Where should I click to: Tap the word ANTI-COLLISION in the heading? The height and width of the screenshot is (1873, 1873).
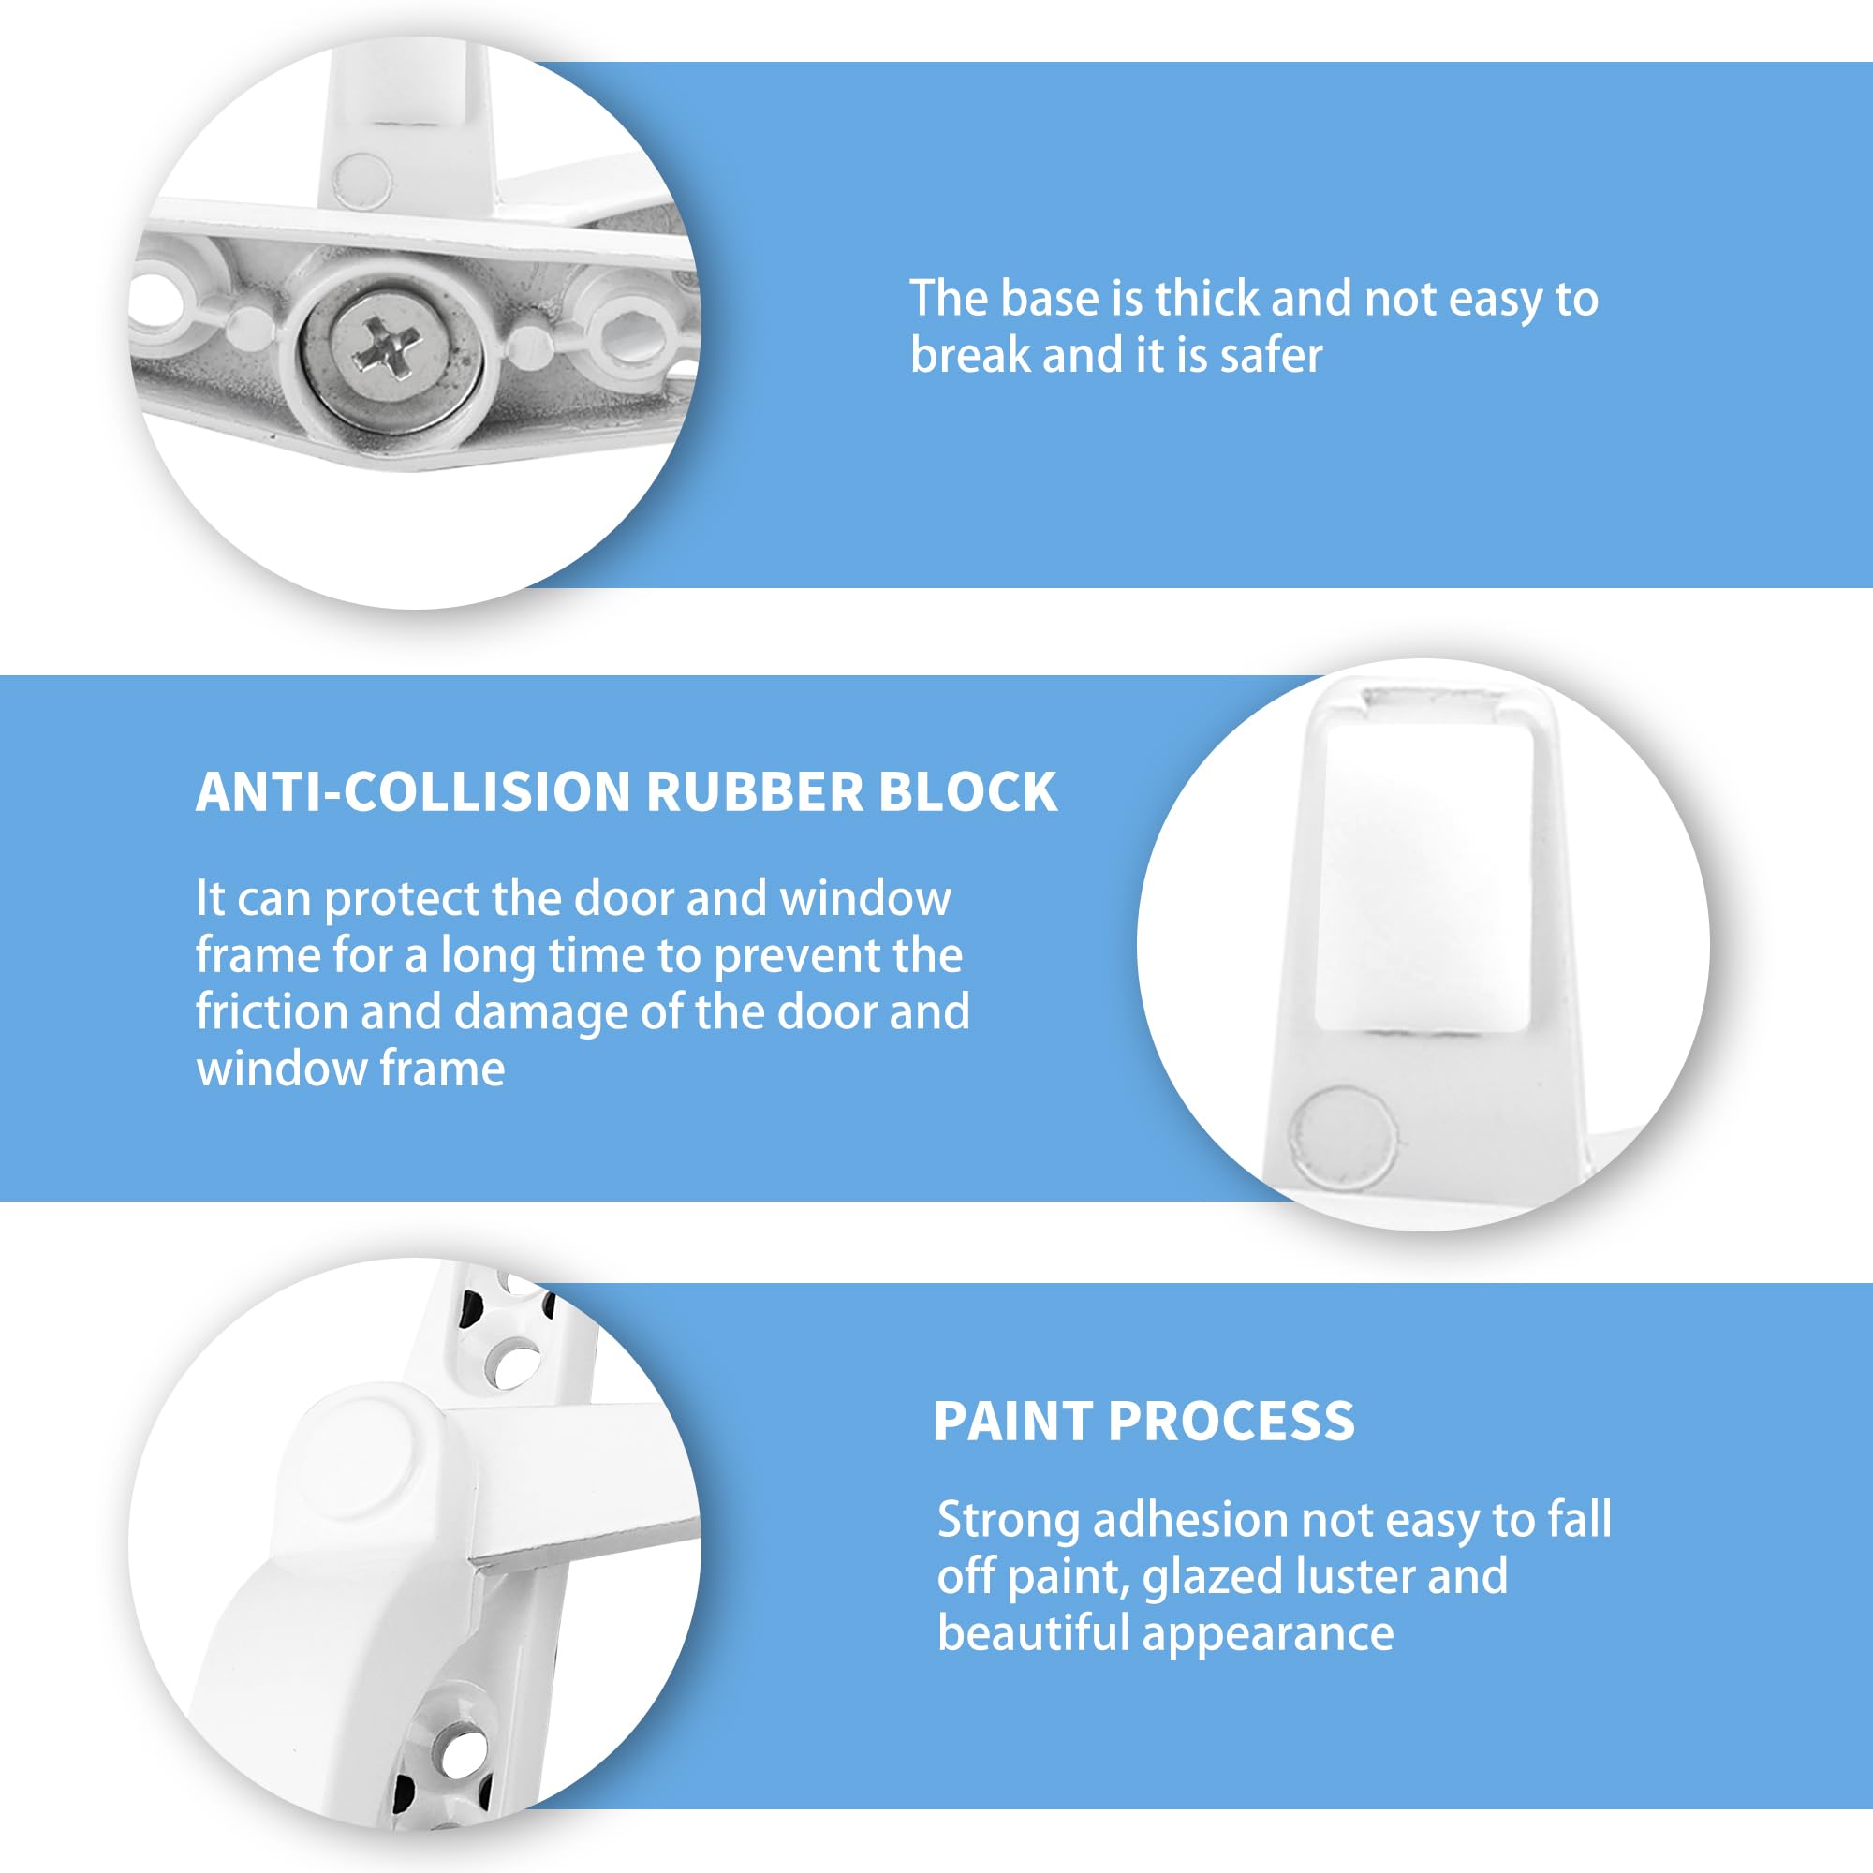(x=414, y=792)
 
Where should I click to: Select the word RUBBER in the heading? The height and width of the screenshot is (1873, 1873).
(x=754, y=792)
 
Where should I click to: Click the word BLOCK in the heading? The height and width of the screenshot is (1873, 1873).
(x=967, y=792)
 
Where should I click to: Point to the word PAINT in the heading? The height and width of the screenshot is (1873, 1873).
(x=1012, y=1422)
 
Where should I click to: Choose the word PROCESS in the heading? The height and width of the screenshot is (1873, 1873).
(x=1231, y=1422)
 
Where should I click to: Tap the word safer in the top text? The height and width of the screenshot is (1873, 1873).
(x=1271, y=355)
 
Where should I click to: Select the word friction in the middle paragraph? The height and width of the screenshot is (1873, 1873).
(x=271, y=1011)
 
